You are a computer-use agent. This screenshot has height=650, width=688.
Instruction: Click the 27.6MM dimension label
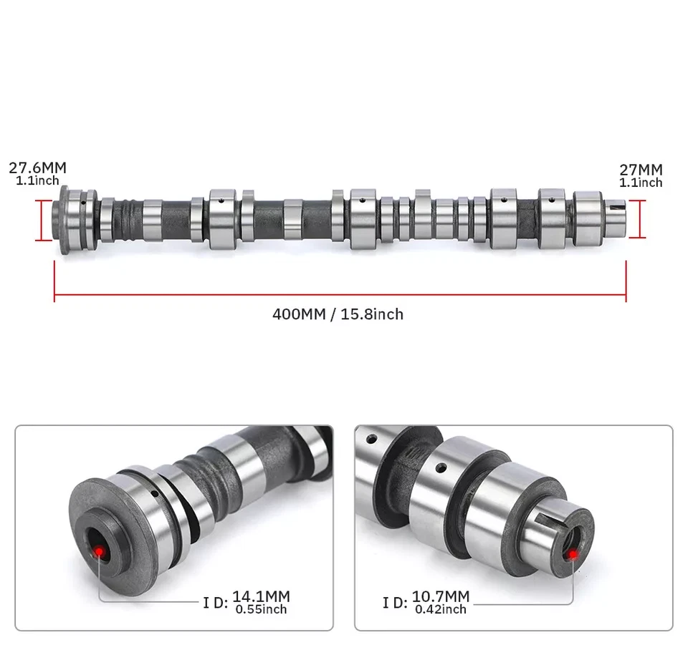[37, 168]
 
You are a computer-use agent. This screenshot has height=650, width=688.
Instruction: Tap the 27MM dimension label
[641, 170]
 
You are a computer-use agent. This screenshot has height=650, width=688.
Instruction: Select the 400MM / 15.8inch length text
[338, 314]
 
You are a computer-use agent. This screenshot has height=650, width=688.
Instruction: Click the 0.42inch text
[440, 609]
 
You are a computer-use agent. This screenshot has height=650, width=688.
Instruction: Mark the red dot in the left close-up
[100, 550]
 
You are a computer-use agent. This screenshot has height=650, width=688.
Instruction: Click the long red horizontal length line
[340, 293]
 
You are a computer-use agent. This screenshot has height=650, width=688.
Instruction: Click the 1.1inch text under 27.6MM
[37, 181]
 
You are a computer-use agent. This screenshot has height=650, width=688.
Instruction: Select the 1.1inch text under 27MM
[641, 183]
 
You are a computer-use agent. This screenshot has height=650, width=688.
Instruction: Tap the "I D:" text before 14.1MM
[215, 603]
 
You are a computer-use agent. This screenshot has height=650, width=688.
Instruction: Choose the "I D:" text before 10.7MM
[395, 603]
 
